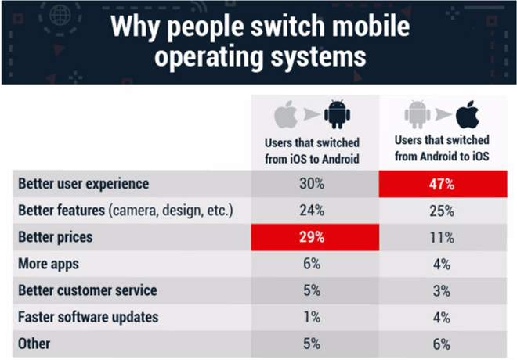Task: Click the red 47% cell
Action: [x=444, y=185]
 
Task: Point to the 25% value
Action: [x=444, y=211]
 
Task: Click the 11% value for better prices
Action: [x=444, y=237]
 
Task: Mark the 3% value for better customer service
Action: [x=444, y=290]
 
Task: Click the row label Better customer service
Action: [x=87, y=290]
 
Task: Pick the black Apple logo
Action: [x=468, y=115]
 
